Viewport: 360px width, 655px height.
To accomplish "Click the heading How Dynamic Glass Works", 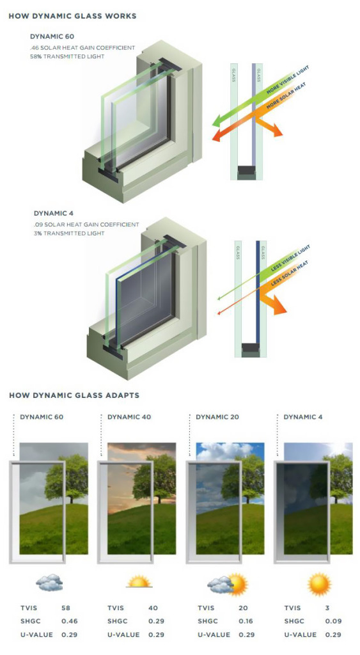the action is (x=72, y=16).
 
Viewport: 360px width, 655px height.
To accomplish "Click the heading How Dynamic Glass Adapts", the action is (x=74, y=395).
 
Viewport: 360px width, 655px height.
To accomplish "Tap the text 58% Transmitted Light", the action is (x=67, y=56).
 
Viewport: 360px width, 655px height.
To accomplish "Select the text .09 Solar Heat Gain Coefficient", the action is (x=86, y=225).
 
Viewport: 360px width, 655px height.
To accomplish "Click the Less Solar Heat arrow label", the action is (x=290, y=274).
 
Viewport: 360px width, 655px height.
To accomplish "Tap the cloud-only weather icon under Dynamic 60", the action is (x=49, y=582).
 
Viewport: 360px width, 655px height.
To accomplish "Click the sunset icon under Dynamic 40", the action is (x=139, y=582).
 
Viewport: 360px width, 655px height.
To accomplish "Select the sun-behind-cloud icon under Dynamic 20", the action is (x=228, y=583).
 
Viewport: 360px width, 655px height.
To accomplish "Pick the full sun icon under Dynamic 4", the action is (x=320, y=584).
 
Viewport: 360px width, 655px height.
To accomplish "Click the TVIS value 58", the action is (x=66, y=608).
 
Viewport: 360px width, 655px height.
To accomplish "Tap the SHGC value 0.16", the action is (x=246, y=621).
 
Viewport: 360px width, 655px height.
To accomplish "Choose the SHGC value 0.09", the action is (x=333, y=621).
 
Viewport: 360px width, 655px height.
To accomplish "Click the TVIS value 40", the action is (x=153, y=608).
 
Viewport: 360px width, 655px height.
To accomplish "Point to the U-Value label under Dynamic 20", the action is (x=214, y=635).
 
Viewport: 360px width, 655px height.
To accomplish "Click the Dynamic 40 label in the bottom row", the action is (x=129, y=417).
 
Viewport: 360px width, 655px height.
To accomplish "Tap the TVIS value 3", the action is (x=327, y=608).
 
